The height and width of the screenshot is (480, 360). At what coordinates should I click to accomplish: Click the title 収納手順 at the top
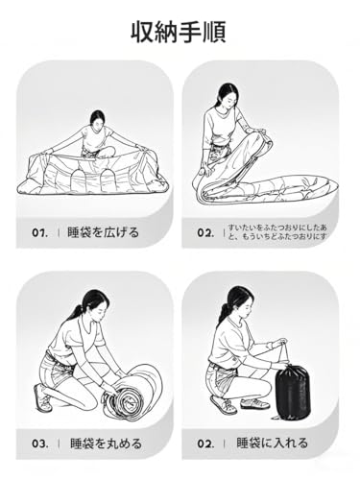(180, 32)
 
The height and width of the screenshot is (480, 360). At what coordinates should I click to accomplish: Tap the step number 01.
(39, 231)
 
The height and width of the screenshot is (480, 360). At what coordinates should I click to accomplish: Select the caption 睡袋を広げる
(105, 231)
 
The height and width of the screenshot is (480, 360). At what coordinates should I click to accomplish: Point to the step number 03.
(39, 444)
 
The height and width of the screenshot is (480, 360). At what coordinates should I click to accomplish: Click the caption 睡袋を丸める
(105, 444)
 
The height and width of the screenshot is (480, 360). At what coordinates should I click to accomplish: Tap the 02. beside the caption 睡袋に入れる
(206, 444)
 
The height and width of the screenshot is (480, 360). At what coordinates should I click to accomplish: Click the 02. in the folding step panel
(205, 231)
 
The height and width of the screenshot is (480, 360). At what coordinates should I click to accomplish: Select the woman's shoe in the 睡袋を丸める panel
(42, 396)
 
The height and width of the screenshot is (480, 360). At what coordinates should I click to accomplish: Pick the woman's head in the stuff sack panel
(238, 299)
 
